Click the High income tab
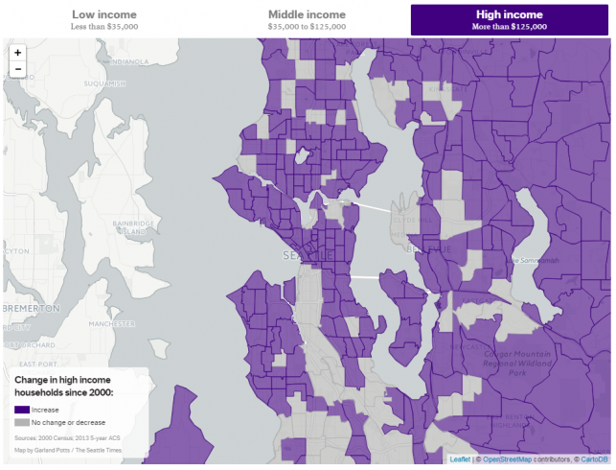pos(510,19)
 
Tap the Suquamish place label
pos(104,83)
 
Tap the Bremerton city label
pos(32,309)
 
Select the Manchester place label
pos(111,324)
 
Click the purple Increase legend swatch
pos(22,410)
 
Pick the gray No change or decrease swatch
pos(22,422)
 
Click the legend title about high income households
pos(64,386)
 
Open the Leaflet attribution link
pos(460,459)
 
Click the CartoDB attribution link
pos(590,459)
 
